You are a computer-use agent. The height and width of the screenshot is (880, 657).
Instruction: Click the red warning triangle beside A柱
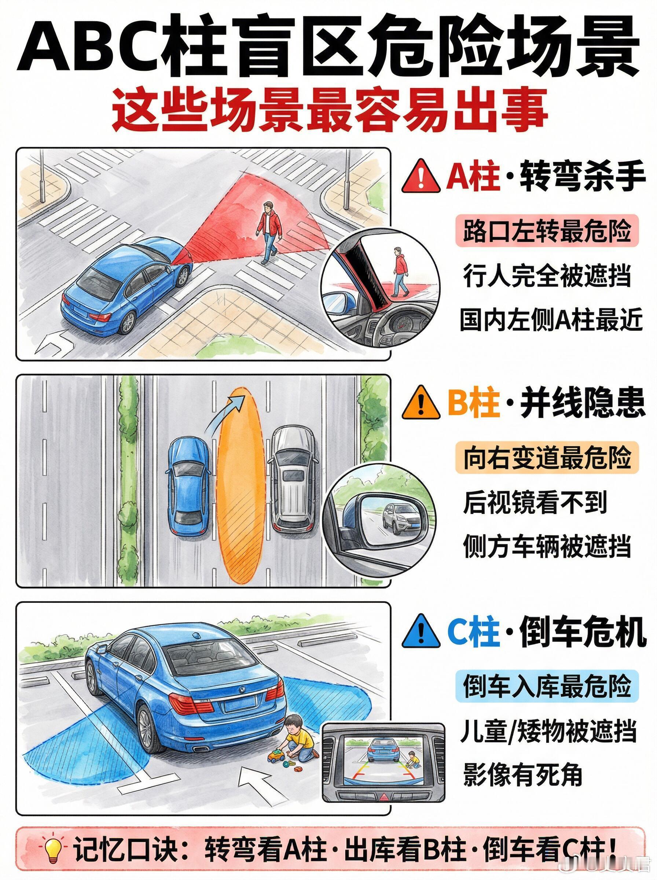(421, 178)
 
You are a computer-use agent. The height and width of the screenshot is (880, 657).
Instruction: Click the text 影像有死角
(522, 775)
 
